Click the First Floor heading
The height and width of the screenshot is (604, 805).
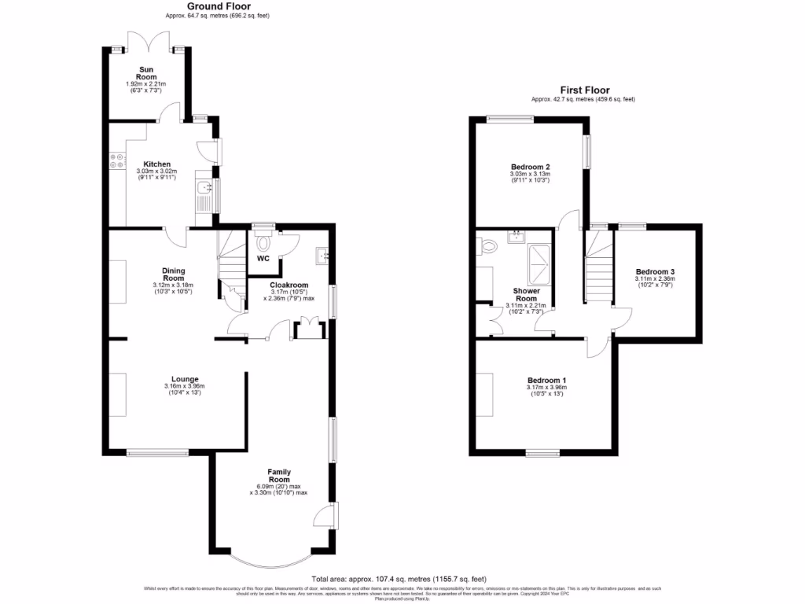[584, 90]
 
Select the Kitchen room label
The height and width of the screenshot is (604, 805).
[156, 164]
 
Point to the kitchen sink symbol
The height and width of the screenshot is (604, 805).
[204, 187]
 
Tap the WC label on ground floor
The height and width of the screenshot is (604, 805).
[263, 258]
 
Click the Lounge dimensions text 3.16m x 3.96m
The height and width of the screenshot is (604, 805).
[184, 386]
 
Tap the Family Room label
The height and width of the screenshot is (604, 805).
[279, 475]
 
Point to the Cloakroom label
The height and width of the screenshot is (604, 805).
[289, 285]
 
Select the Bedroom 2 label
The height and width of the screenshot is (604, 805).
[530, 167]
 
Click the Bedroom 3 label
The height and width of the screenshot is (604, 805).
[655, 272]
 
